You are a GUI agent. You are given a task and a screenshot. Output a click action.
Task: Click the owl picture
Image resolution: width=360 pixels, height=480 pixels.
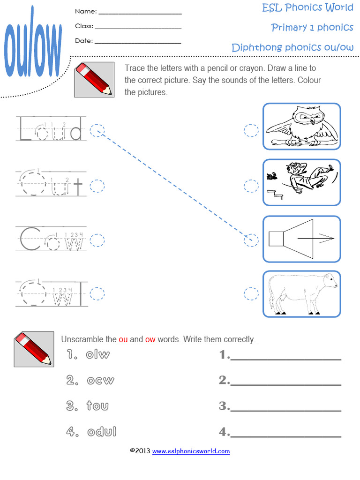pyautogui.click(x=301, y=126)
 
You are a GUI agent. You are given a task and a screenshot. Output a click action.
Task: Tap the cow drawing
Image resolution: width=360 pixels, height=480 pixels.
pyautogui.click(x=301, y=294)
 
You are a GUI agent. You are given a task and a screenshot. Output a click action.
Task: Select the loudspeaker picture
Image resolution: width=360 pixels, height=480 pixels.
pyautogui.click(x=301, y=239)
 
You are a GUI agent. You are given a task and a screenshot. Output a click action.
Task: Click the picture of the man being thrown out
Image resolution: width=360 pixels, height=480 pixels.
pyautogui.click(x=301, y=182)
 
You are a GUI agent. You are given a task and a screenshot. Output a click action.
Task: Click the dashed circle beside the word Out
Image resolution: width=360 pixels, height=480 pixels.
pyautogui.click(x=97, y=186)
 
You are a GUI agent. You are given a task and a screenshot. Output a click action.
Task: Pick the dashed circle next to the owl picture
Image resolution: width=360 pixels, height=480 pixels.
pyautogui.click(x=251, y=130)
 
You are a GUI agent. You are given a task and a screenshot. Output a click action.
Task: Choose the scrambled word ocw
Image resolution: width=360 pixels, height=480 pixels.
pyautogui.click(x=100, y=380)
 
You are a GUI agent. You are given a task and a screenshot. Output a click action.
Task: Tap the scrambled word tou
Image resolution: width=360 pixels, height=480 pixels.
pyautogui.click(x=97, y=405)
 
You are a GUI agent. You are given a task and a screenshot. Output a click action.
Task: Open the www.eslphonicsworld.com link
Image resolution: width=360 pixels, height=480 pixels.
pyautogui.click(x=191, y=451)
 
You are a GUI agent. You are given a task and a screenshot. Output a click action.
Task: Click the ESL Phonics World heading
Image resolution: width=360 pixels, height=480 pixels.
pyautogui.click(x=307, y=7)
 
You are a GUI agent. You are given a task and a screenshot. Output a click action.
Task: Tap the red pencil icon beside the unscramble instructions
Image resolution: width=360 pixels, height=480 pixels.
pyautogui.click(x=33, y=349)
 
